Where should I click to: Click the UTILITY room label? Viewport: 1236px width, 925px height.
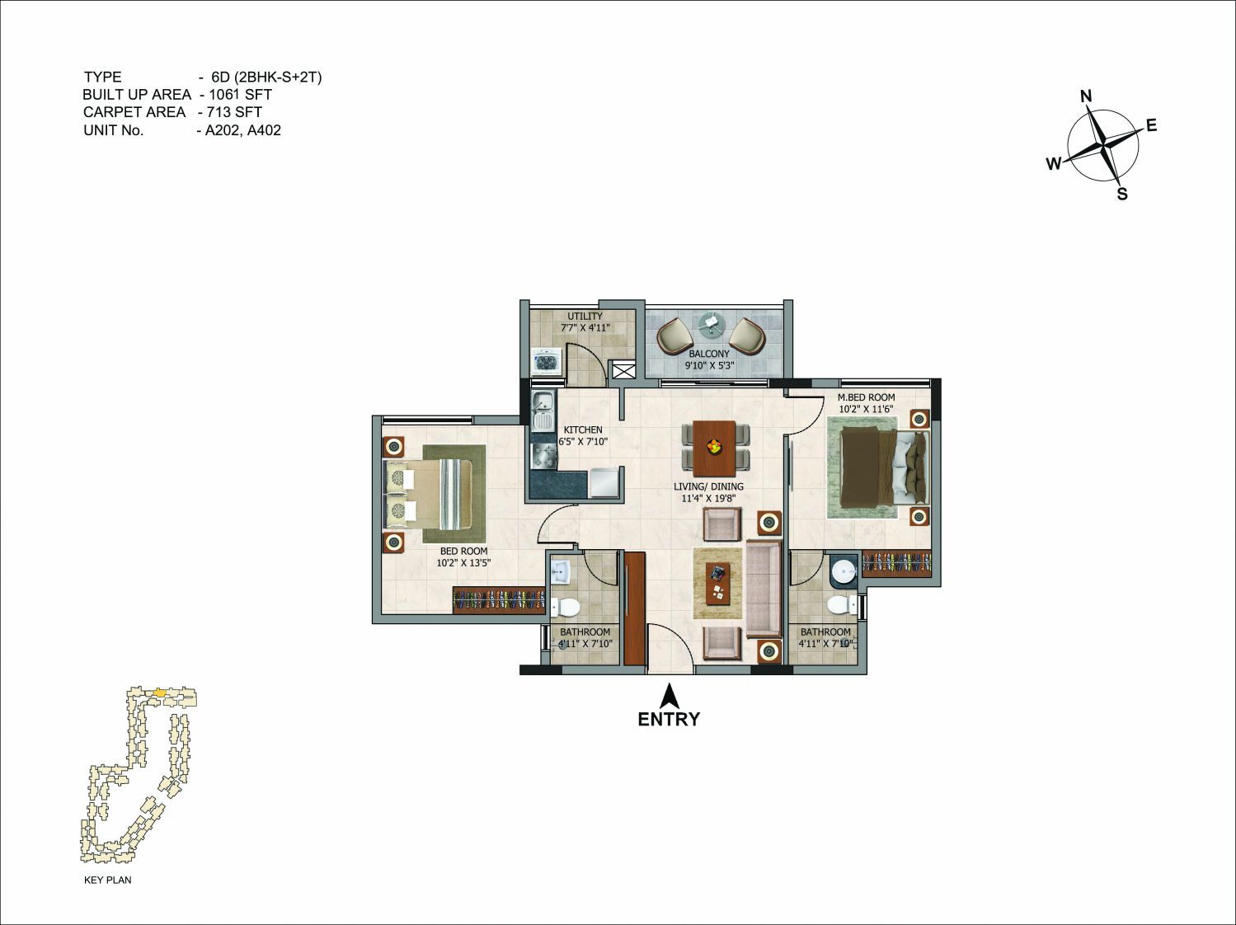(x=585, y=317)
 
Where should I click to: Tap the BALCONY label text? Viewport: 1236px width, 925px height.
(x=709, y=354)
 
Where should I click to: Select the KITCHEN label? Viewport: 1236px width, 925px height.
(x=583, y=430)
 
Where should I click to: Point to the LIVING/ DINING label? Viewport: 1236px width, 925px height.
(x=708, y=486)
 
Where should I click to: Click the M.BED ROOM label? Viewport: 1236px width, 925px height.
(x=866, y=397)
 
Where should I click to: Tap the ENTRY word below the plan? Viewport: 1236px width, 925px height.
(x=669, y=719)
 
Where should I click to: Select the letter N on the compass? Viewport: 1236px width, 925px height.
(x=1086, y=96)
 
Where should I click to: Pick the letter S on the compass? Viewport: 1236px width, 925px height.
(x=1122, y=195)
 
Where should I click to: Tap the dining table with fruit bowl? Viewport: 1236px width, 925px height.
(x=715, y=448)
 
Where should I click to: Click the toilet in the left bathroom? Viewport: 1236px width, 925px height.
(x=566, y=607)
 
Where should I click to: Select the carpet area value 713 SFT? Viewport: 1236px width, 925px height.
(x=233, y=112)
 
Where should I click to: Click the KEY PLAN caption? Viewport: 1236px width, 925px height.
(x=107, y=880)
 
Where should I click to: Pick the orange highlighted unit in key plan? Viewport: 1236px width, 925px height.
(x=161, y=692)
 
